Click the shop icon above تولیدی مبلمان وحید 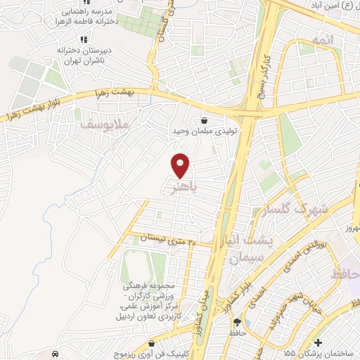click(204, 120)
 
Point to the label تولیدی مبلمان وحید click(204, 131)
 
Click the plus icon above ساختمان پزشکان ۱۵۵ click(319, 342)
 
